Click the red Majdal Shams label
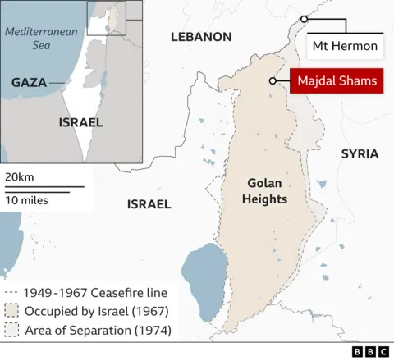337,80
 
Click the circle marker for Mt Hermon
304,19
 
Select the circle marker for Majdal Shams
272,80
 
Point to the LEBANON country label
201,37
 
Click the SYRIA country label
360,153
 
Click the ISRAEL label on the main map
149,203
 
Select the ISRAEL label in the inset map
80,122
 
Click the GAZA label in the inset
29,83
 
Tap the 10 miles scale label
26,200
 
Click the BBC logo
371,351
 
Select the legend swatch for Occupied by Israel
11,312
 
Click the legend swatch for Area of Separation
11,331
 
